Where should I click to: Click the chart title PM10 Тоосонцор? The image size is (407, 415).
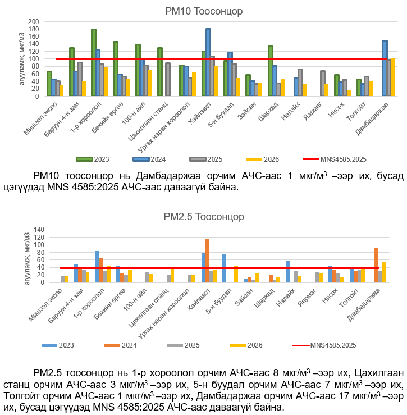(204, 11)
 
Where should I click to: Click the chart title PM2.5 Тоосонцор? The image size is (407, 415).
(204, 217)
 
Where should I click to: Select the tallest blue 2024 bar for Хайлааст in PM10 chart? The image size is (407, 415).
(208, 62)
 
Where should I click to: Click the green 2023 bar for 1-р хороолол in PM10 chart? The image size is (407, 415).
(94, 62)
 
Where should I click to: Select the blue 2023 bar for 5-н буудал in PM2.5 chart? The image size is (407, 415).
(224, 268)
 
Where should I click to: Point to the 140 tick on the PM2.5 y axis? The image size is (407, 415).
(38, 230)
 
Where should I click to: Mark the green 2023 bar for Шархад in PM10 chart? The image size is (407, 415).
(271, 71)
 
